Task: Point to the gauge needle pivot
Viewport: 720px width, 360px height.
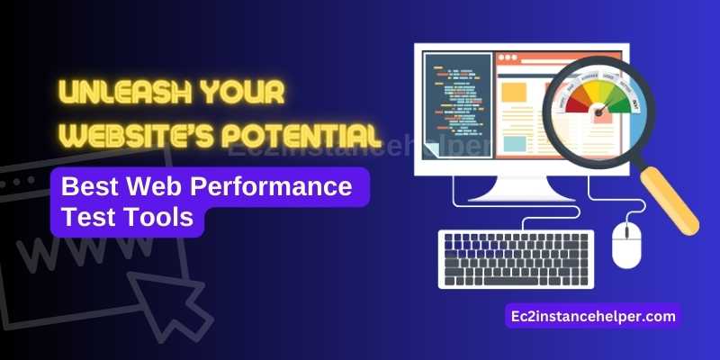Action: point(598,115)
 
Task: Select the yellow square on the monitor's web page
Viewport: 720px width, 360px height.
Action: point(514,93)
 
